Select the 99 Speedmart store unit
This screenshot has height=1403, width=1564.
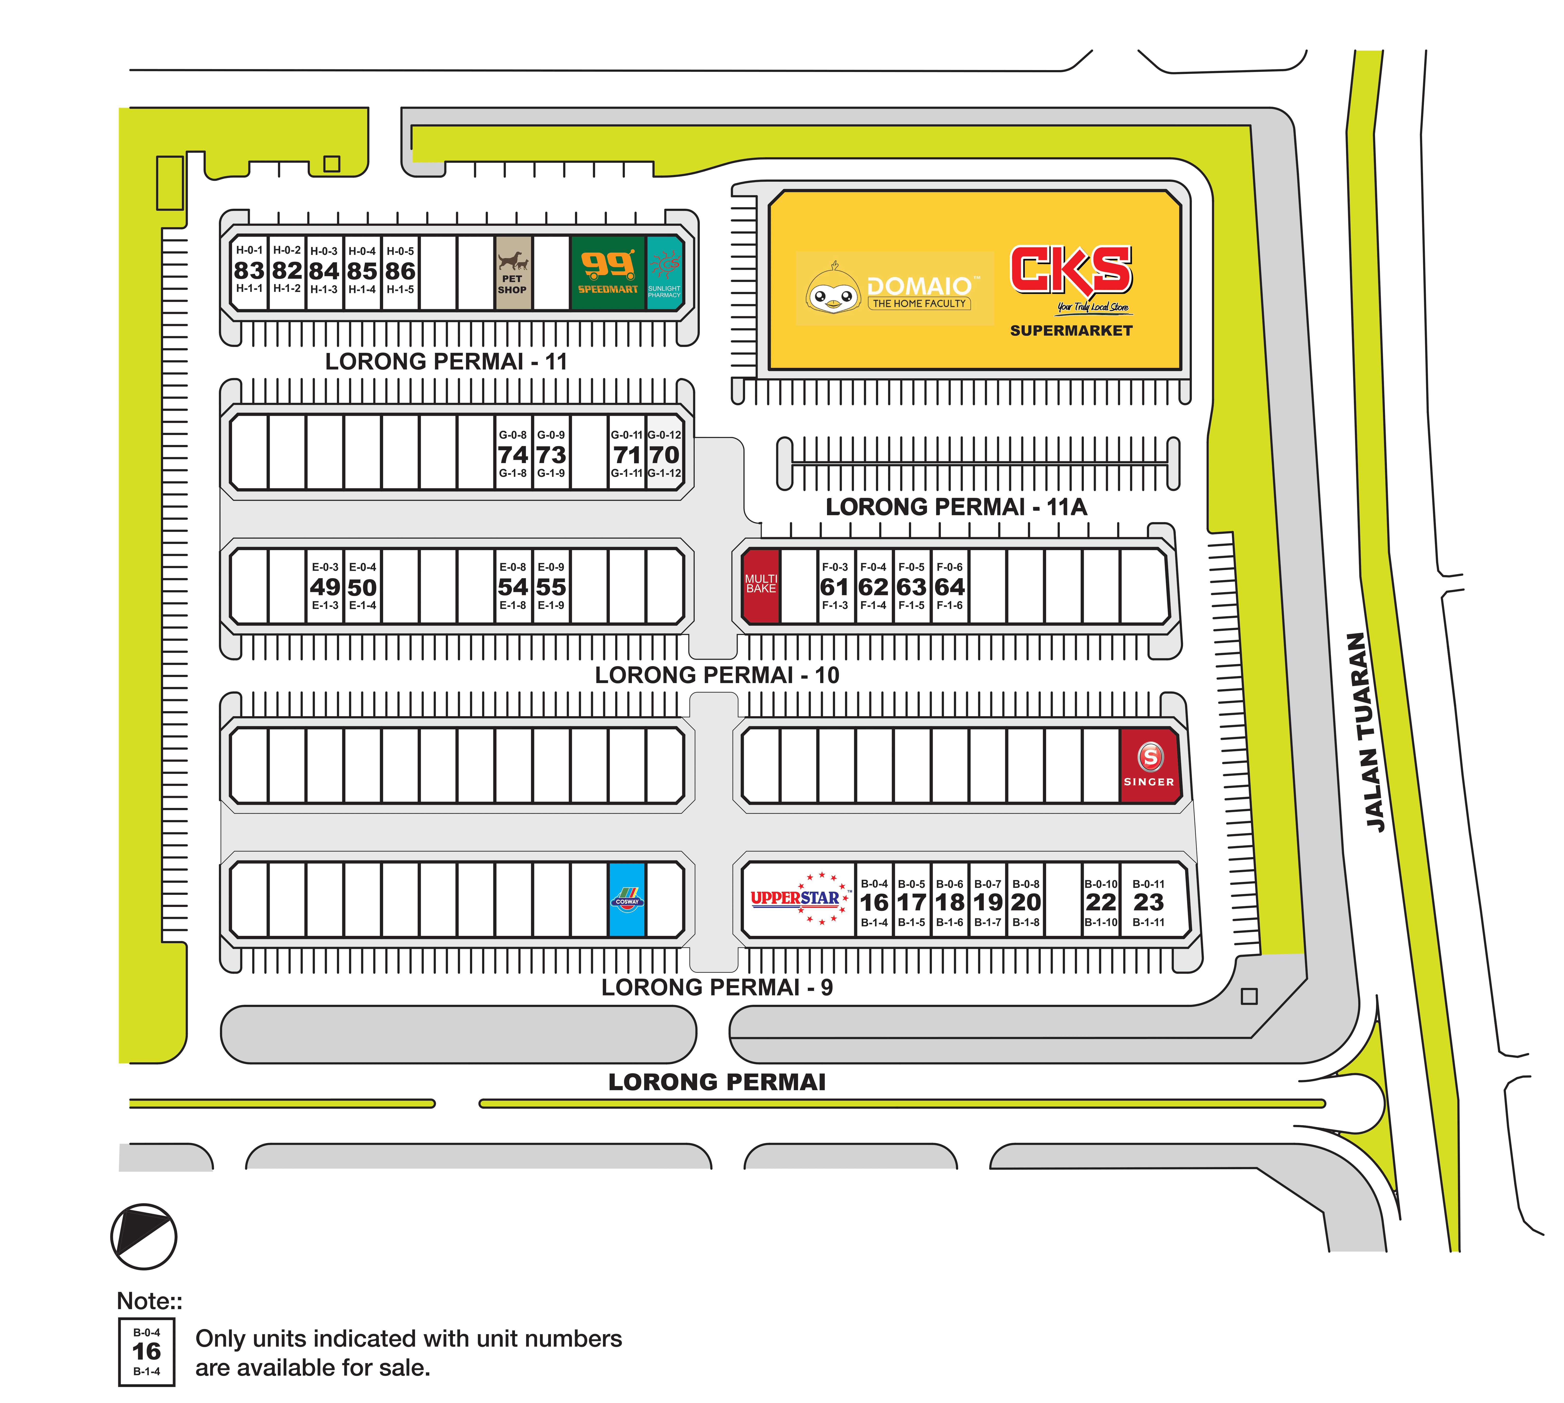click(608, 273)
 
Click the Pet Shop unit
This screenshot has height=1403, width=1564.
click(512, 273)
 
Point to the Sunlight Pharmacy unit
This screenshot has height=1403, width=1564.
click(665, 273)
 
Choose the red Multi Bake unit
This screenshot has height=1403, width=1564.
click(761, 586)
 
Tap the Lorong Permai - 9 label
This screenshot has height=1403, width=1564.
click(717, 987)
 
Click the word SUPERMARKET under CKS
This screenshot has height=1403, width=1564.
click(1071, 331)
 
